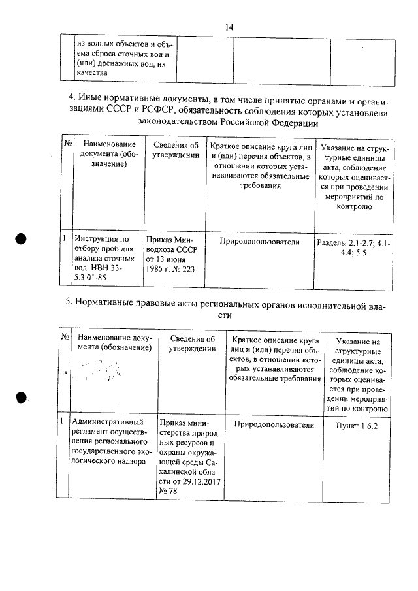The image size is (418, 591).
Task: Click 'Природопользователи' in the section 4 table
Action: click(x=259, y=242)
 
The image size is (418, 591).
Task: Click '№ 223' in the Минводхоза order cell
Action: click(x=185, y=269)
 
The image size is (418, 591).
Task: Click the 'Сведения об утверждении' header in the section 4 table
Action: click(x=172, y=150)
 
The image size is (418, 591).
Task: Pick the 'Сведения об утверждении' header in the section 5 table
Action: click(x=192, y=343)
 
